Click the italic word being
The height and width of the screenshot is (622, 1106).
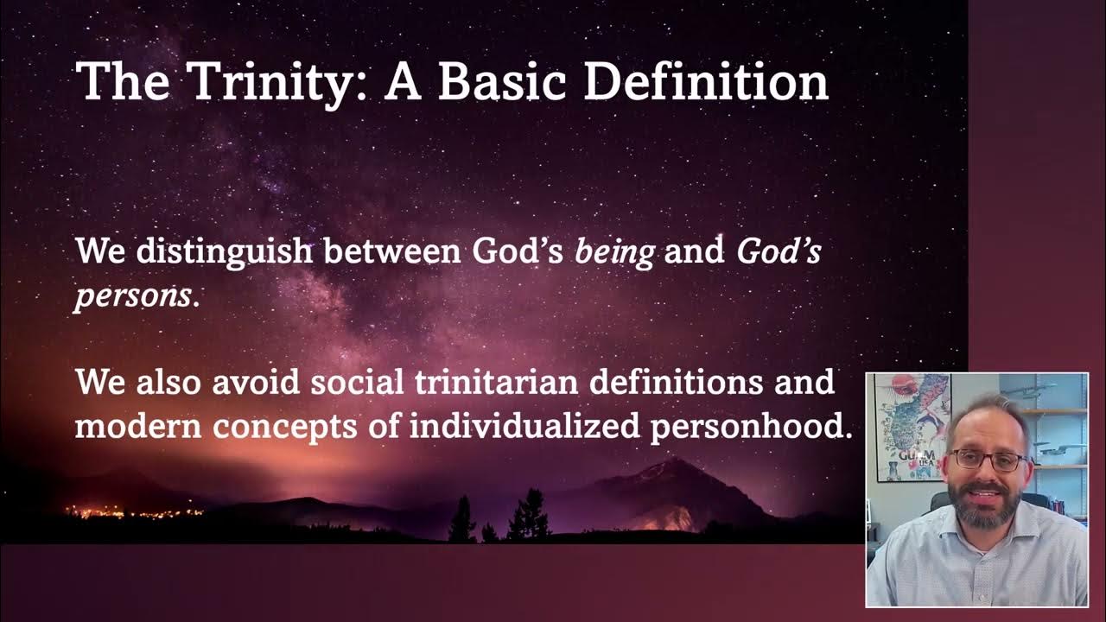(x=614, y=251)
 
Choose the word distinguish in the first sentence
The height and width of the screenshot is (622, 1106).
(x=224, y=251)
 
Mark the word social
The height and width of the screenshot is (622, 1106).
(x=357, y=382)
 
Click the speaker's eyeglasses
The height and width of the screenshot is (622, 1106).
(x=987, y=460)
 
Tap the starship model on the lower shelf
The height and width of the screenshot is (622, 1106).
(x=1058, y=450)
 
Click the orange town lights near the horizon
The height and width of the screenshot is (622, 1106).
(x=130, y=511)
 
